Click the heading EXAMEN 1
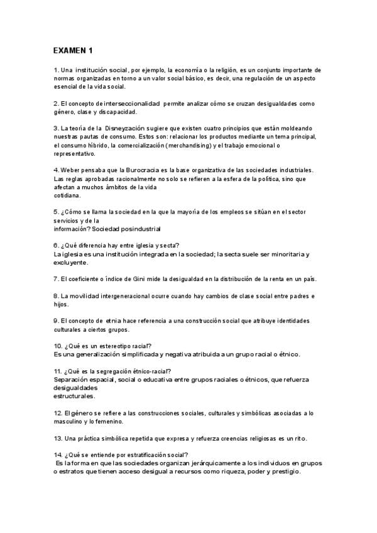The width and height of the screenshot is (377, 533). pos(73,50)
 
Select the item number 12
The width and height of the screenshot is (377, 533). pos(58,413)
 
